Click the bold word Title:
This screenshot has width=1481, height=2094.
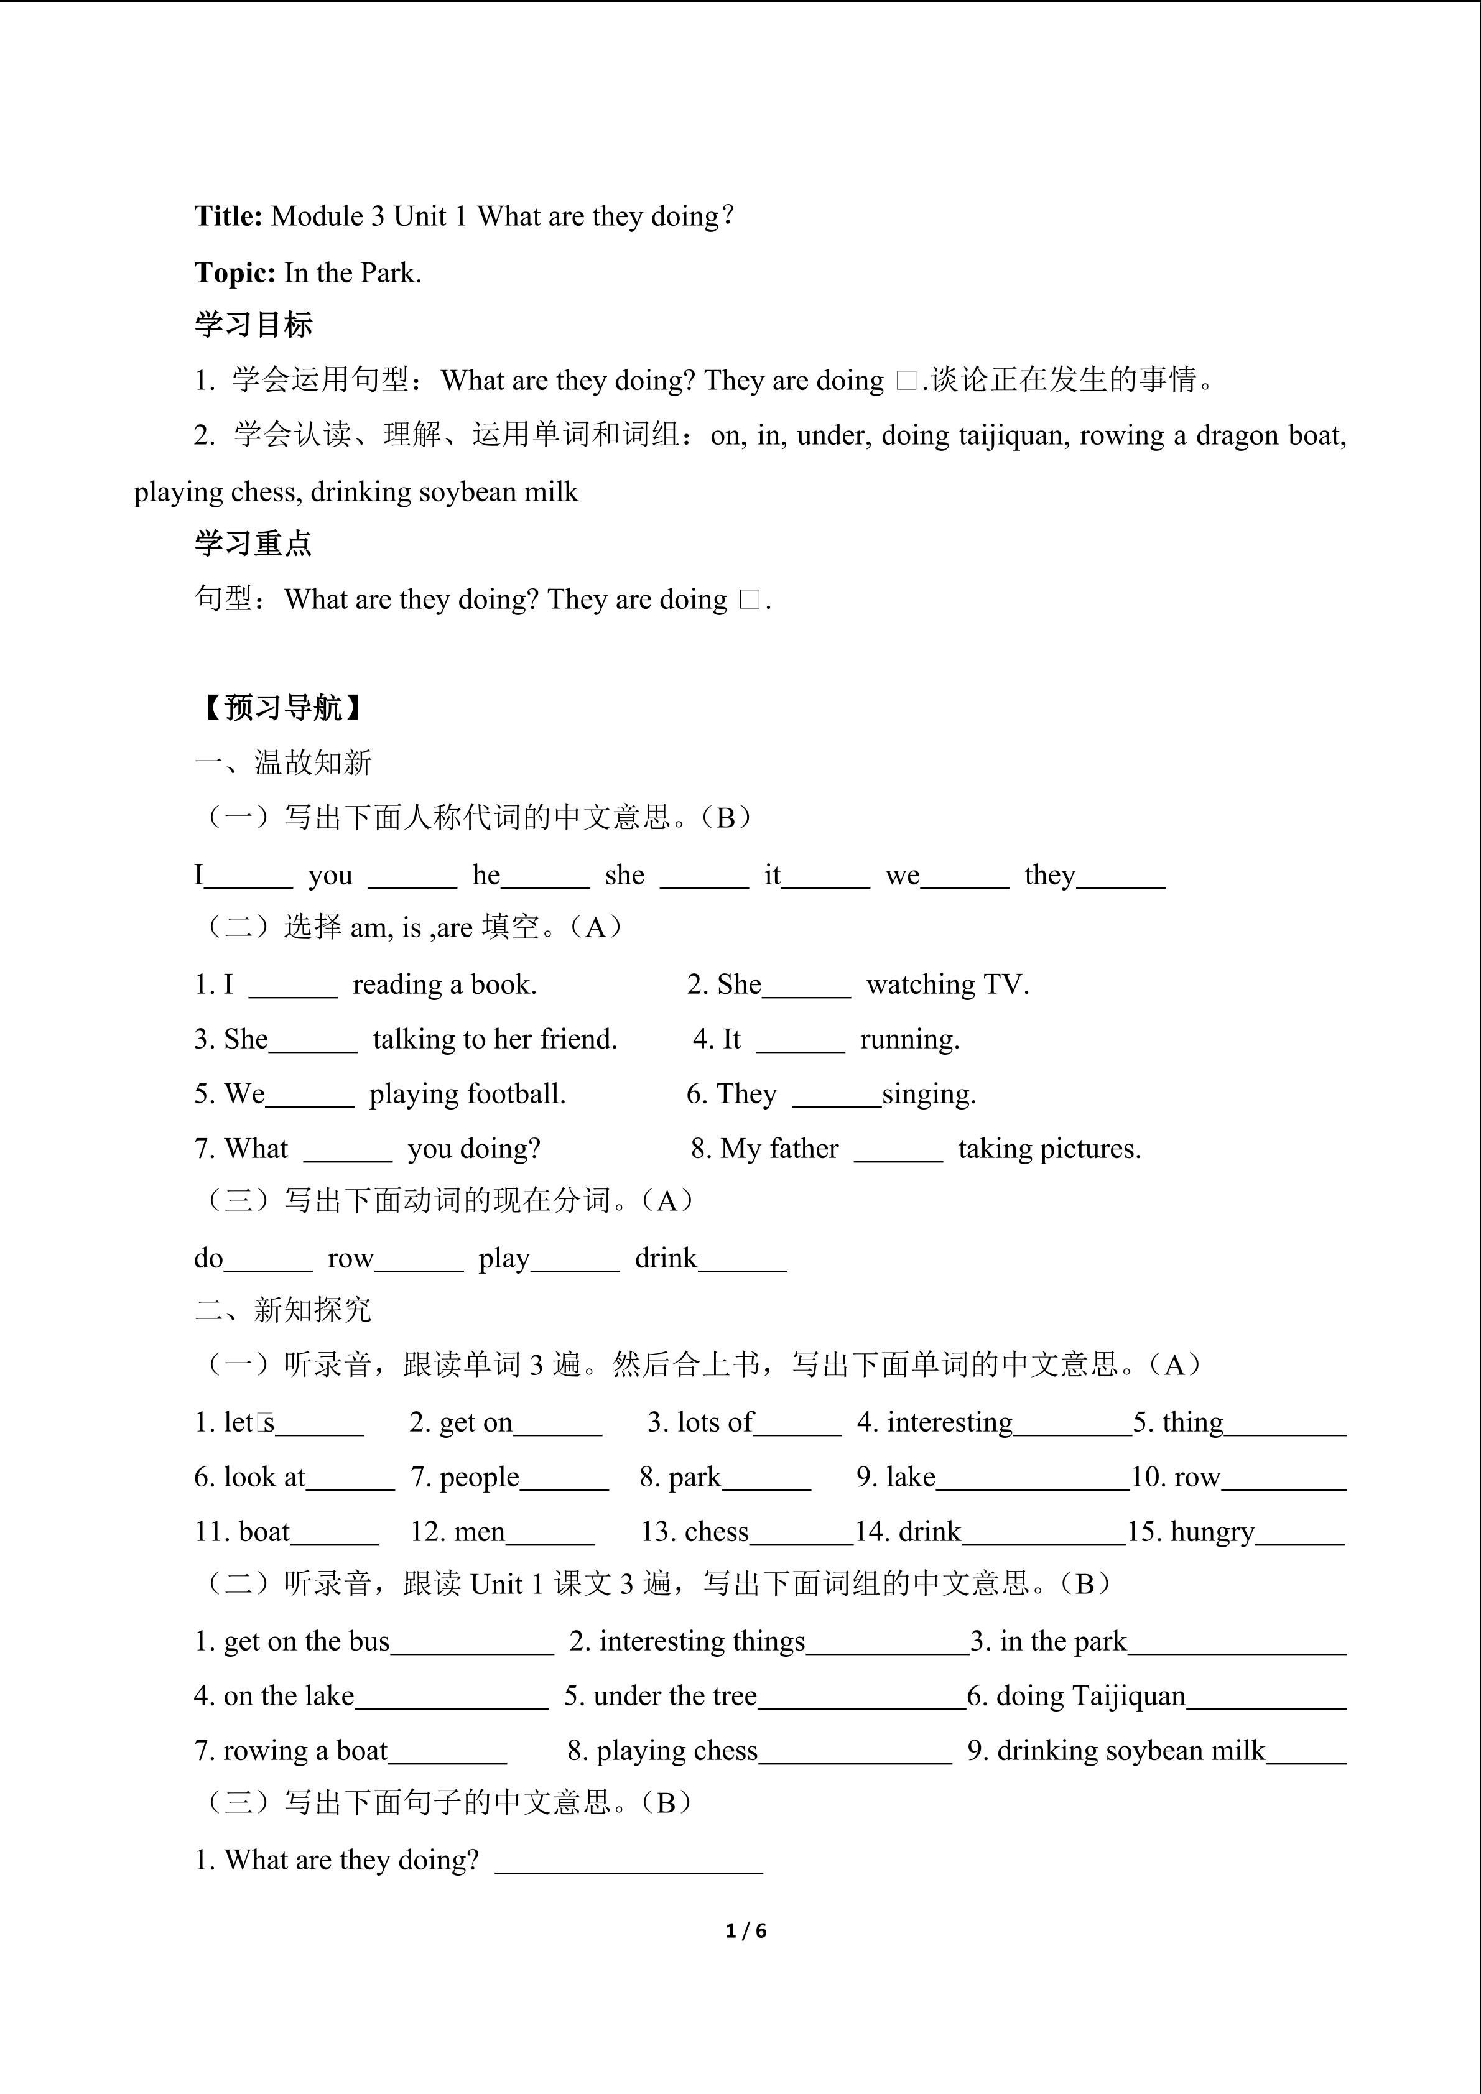(x=228, y=216)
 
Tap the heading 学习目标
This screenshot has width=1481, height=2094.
(x=254, y=325)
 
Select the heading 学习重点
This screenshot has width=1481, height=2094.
(x=254, y=544)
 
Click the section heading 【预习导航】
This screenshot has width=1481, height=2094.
(x=281, y=708)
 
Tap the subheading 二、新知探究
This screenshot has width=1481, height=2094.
(x=284, y=1310)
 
